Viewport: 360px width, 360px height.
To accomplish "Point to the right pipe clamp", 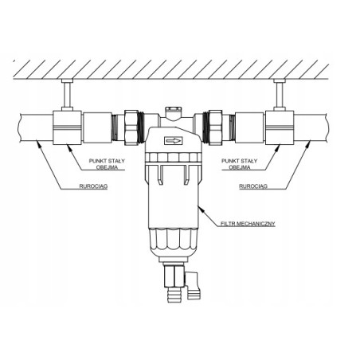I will pos(280,127).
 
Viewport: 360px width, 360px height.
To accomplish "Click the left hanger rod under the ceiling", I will pos(67,94).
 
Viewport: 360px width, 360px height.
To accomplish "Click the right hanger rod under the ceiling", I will pos(280,94).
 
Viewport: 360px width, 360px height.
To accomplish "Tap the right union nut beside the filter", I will pos(214,127).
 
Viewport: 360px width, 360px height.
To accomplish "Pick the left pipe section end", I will pos(24,127).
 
